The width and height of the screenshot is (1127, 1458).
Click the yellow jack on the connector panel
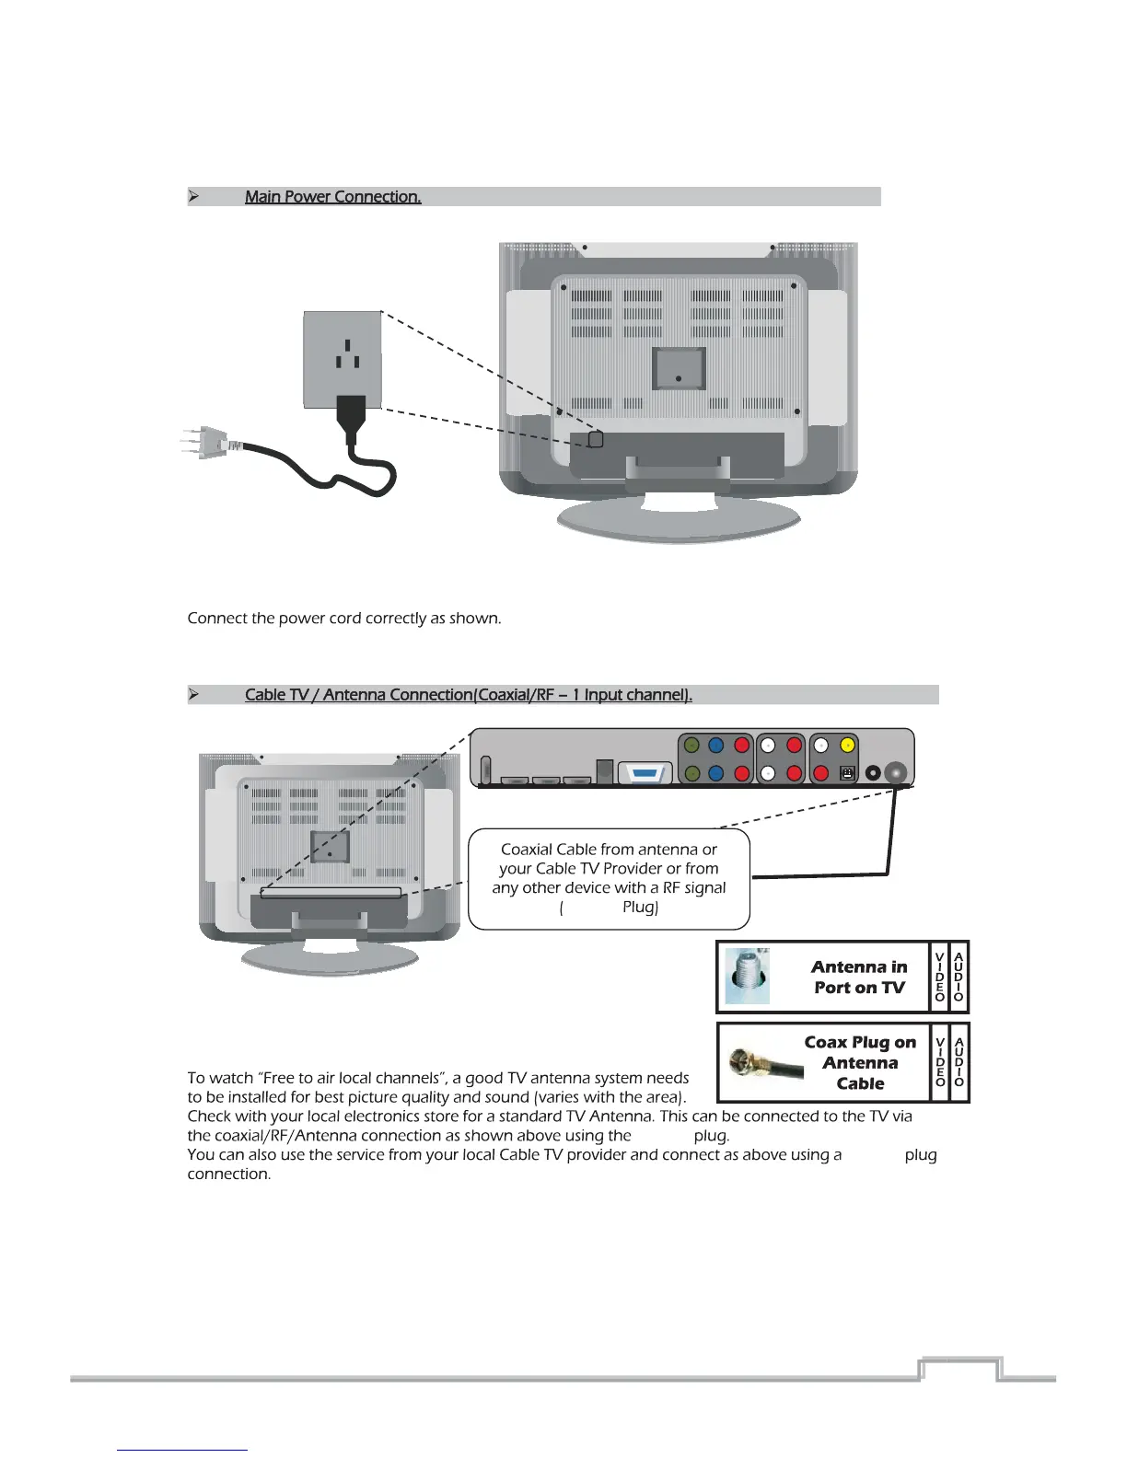pyautogui.click(x=847, y=746)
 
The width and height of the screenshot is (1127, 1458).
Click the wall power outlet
pyautogui.click(x=343, y=359)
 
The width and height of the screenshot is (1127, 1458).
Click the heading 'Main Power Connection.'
pyautogui.click(x=332, y=197)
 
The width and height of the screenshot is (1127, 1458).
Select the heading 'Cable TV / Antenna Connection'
pyautogui.click(x=468, y=695)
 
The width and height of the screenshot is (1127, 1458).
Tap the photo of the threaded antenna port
pyautogui.click(x=747, y=977)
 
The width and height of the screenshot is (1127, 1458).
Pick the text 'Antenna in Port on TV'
pyautogui.click(x=859, y=977)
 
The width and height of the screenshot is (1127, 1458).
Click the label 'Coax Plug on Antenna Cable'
pyautogui.click(x=860, y=1062)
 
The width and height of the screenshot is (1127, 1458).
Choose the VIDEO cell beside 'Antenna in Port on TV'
pyautogui.click(x=939, y=977)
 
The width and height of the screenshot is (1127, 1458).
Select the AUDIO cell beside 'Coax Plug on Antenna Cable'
pyautogui.click(x=959, y=1062)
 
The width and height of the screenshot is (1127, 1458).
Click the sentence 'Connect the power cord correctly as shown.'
pyautogui.click(x=344, y=619)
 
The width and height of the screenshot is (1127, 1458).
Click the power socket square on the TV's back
pyautogui.click(x=596, y=440)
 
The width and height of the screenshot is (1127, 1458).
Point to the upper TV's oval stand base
pyautogui.click(x=679, y=521)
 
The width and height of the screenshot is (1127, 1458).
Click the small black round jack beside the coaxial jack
pyautogui.click(x=872, y=773)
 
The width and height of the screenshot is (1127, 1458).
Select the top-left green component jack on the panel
pyautogui.click(x=691, y=746)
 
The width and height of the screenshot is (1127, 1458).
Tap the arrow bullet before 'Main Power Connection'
pyautogui.click(x=193, y=197)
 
